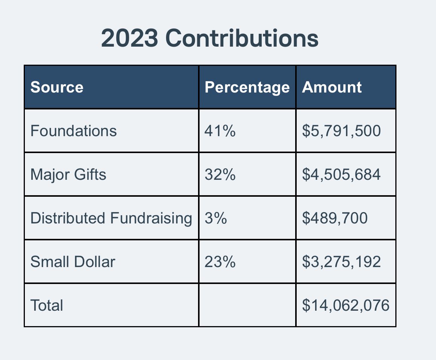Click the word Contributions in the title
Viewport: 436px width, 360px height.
click(242, 39)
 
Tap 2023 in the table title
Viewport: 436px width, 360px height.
click(129, 39)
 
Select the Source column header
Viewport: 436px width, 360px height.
click(57, 87)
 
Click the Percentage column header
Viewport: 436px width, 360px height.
click(247, 87)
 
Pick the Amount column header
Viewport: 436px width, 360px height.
click(332, 87)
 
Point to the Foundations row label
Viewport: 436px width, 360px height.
click(73, 131)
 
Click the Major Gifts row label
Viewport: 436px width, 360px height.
click(68, 175)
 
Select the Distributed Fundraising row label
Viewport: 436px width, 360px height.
click(111, 218)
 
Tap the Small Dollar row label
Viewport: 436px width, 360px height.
click(73, 262)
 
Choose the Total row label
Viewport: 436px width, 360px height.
click(47, 305)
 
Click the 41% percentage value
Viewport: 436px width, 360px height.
click(220, 131)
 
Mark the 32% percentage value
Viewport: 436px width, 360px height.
click(220, 175)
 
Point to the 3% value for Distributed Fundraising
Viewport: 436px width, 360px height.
click(216, 218)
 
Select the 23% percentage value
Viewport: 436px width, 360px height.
click(220, 262)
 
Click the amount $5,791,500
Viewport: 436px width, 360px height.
click(341, 131)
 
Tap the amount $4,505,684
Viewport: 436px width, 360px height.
click(341, 175)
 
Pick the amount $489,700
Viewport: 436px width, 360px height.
click(335, 218)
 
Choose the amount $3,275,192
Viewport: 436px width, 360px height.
click(341, 262)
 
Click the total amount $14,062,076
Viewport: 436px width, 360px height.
click(346, 305)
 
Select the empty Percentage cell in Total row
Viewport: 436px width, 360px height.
click(247, 305)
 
